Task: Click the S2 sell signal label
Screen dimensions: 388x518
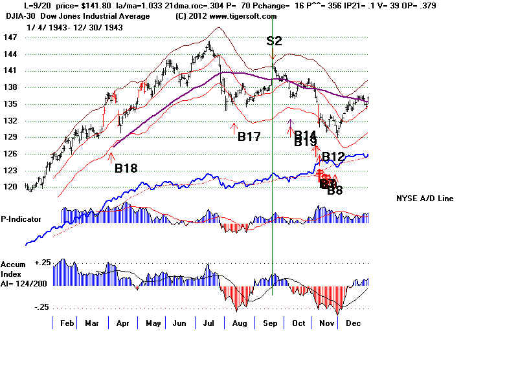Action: [x=274, y=41]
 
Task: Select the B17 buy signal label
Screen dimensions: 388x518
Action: [x=249, y=136]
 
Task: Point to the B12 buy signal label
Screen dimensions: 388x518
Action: [x=333, y=156]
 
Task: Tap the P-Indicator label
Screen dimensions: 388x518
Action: [x=21, y=219]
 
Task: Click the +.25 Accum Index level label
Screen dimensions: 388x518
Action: [x=43, y=263]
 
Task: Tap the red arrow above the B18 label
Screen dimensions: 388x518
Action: [x=111, y=155]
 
